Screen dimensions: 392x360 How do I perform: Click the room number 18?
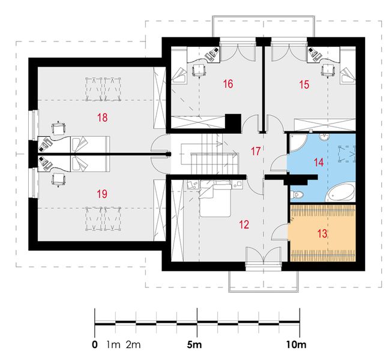(103, 117)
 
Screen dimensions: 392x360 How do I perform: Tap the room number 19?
(102, 194)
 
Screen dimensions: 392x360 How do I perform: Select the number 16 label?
(228, 84)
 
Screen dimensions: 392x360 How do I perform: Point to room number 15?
(304, 85)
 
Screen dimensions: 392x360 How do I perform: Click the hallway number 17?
(256, 151)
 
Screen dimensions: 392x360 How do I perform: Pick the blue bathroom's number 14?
(319, 163)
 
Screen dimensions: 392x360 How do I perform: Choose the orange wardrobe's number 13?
(322, 234)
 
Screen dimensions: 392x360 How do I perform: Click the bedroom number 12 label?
(244, 224)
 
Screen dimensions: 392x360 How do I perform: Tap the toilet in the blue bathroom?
(297, 194)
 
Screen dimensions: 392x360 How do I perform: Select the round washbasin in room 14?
(325, 137)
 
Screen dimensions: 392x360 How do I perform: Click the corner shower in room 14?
(298, 143)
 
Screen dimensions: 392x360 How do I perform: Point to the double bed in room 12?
(215, 199)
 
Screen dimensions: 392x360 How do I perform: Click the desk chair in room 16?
(199, 70)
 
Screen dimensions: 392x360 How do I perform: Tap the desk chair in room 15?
(328, 70)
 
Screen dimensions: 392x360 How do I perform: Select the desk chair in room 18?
(59, 128)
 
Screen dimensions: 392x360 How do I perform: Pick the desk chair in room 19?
(59, 179)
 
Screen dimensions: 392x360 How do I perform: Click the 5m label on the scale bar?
(194, 345)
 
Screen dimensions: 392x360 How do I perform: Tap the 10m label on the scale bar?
(296, 345)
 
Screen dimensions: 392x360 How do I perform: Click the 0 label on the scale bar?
(95, 345)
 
